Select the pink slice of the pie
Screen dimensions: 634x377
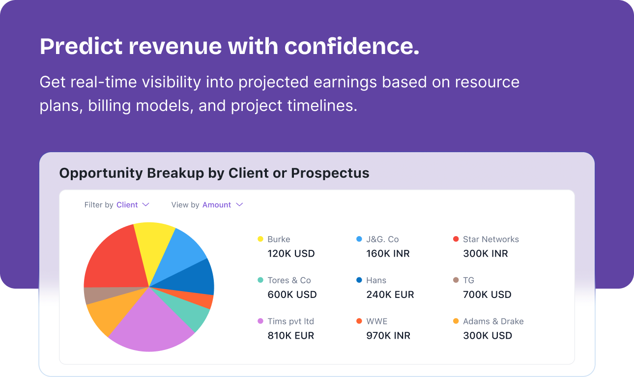pyautogui.click(x=150, y=325)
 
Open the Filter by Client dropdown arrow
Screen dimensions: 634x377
pyautogui.click(x=145, y=205)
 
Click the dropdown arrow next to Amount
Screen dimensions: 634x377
pyautogui.click(x=239, y=205)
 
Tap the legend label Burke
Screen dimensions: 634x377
pyautogui.click(x=279, y=240)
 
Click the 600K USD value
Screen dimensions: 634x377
pyautogui.click(x=292, y=295)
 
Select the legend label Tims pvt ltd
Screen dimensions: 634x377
pyautogui.click(x=290, y=322)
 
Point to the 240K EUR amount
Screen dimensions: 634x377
pyautogui.click(x=390, y=295)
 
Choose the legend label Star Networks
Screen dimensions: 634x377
pyautogui.click(x=491, y=240)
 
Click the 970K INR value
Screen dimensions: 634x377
pyautogui.click(x=388, y=335)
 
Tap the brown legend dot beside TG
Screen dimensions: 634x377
pyautogui.click(x=456, y=280)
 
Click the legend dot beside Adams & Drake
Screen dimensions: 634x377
pyautogui.click(x=456, y=321)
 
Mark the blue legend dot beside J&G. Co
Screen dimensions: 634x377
pyautogui.click(x=359, y=239)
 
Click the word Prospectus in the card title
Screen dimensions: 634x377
pyautogui.click(x=330, y=173)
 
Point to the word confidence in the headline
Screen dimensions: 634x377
pyautogui.click(x=352, y=46)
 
